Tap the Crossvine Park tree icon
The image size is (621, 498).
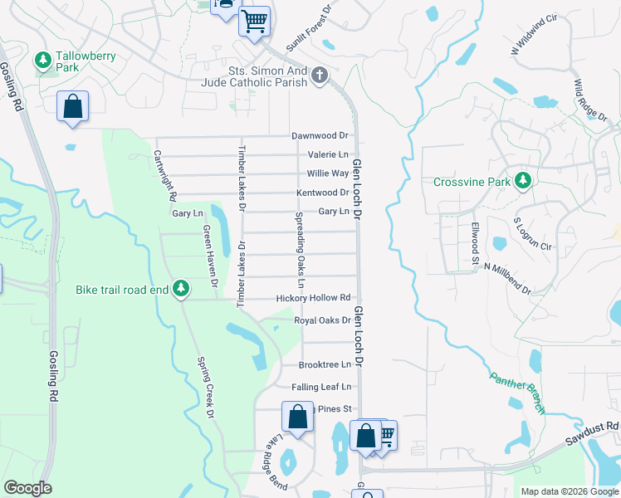pyautogui.click(x=522, y=180)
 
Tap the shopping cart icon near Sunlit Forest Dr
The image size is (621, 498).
pyautogui.click(x=255, y=22)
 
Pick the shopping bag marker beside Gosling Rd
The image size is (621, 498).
pyautogui.click(x=72, y=107)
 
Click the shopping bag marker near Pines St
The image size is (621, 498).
pyautogui.click(x=297, y=417)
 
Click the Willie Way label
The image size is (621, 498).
pyautogui.click(x=328, y=173)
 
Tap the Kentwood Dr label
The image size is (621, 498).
pyautogui.click(x=323, y=193)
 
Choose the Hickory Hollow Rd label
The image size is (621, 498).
pyautogui.click(x=314, y=298)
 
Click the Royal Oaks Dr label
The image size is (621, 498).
pyautogui.click(x=322, y=320)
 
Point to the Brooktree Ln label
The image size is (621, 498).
pyautogui.click(x=325, y=364)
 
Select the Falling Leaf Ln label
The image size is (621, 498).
pyautogui.click(x=321, y=387)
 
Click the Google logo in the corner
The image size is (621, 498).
pyautogui.click(x=27, y=488)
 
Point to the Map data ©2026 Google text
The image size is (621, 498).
pyautogui.click(x=569, y=491)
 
